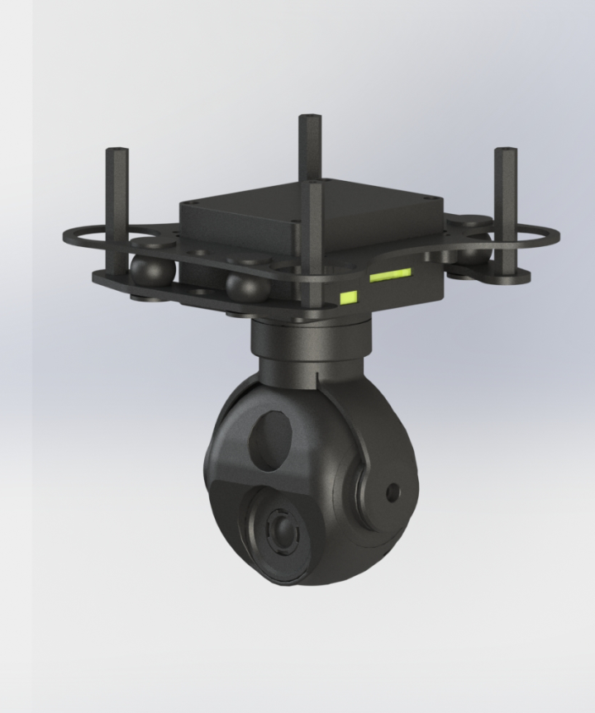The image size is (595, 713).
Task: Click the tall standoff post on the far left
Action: click(x=117, y=207)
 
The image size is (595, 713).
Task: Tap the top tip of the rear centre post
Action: click(x=310, y=117)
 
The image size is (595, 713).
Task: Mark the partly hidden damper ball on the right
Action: click(x=473, y=253)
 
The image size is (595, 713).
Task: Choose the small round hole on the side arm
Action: click(x=393, y=493)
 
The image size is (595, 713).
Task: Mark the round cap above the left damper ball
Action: click(x=147, y=245)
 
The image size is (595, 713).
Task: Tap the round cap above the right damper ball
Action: click(x=472, y=221)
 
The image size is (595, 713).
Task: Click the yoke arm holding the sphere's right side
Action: click(x=376, y=479)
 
